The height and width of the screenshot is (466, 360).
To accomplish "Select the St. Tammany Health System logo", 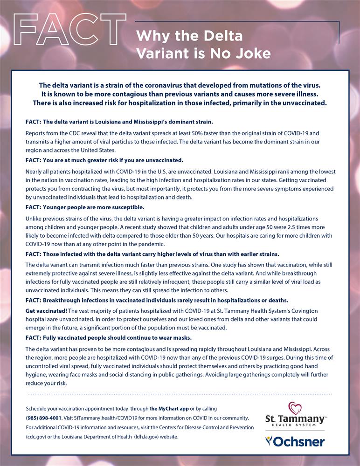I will (x=295, y=415).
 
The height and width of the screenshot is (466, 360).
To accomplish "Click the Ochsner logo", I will (x=295, y=441).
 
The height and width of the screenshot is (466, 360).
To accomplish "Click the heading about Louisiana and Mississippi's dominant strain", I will (x=119, y=122).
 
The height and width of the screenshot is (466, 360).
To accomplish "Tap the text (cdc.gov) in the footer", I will (x=36, y=437).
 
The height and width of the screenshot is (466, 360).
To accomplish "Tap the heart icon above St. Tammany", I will (x=295, y=408).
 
